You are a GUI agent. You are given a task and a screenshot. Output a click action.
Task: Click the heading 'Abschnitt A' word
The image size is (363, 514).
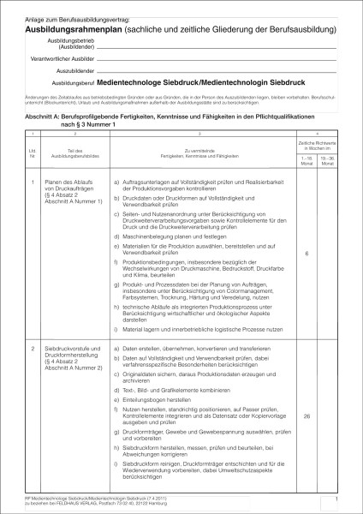39,116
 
